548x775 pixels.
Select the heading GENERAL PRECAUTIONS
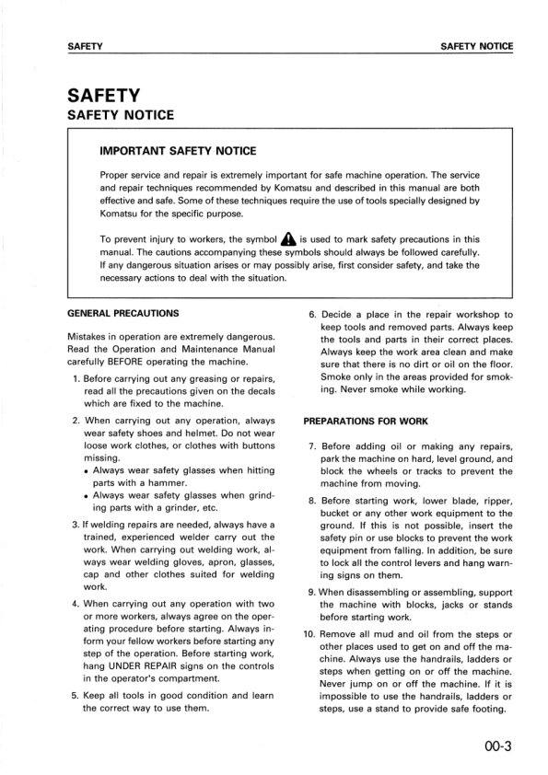(123, 314)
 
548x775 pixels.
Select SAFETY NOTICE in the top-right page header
(476, 46)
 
